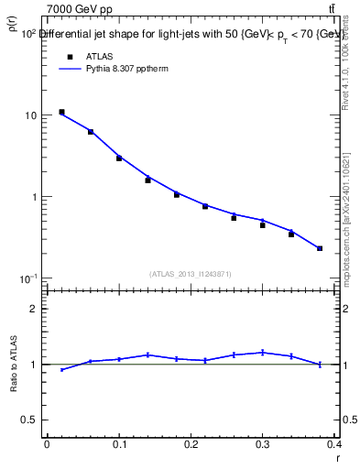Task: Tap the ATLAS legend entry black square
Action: click(69, 56)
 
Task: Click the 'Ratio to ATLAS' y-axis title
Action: click(13, 365)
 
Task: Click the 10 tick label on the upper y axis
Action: click(31, 116)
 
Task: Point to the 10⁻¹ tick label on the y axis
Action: click(28, 278)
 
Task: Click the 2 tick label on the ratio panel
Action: click(34, 309)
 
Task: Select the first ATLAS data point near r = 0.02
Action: click(61, 112)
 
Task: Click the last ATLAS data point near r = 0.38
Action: click(320, 248)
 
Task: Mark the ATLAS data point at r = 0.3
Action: click(262, 225)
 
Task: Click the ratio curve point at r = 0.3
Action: click(262, 352)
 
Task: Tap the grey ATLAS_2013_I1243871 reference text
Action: click(190, 274)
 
